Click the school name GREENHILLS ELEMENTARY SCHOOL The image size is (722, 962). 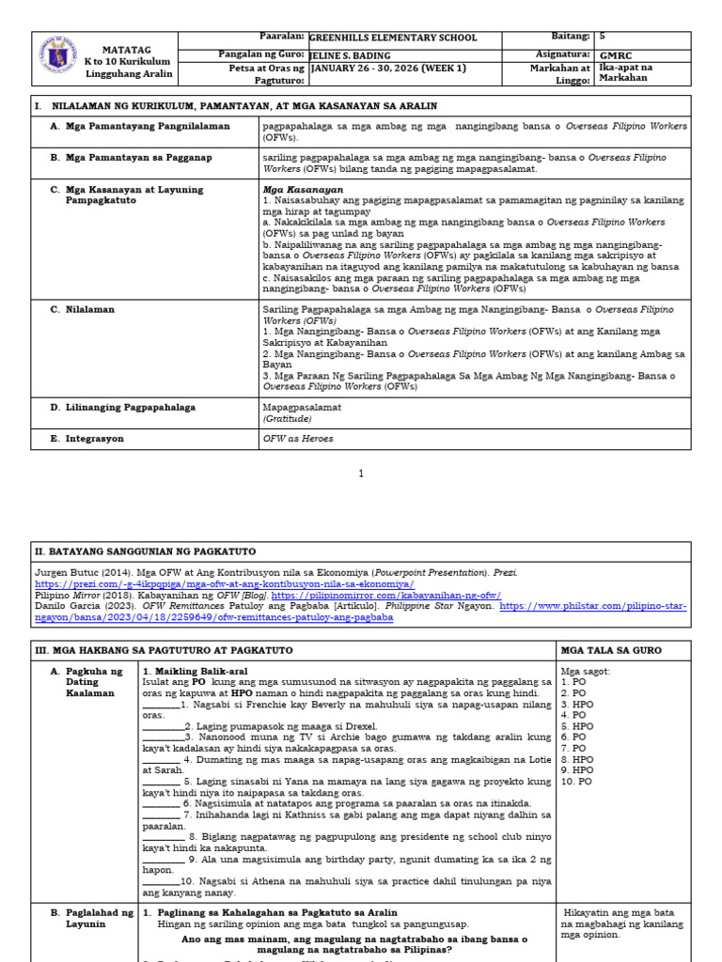(392, 38)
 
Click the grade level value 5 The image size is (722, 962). (602, 36)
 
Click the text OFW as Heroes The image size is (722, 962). (298, 438)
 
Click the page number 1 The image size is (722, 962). (361, 474)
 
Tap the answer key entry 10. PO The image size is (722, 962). (576, 781)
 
